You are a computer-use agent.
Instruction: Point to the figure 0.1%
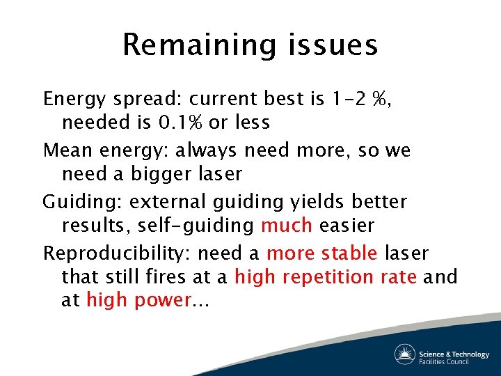(181, 123)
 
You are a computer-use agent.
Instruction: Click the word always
(207, 150)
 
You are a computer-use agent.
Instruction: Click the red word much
(285, 226)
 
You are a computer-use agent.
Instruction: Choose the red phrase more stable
(322, 253)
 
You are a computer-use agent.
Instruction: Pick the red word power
(164, 301)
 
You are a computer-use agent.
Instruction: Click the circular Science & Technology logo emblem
(405, 354)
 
